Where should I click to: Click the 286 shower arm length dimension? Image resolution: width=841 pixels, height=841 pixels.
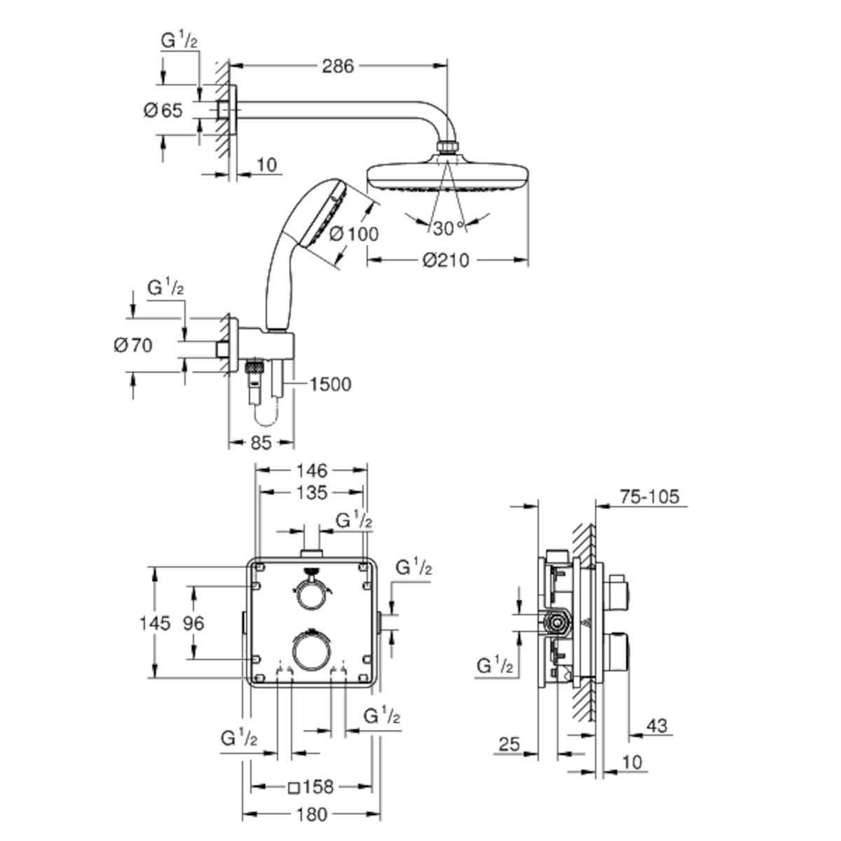point(338,67)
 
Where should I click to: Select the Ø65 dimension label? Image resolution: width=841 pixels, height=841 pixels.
point(163,110)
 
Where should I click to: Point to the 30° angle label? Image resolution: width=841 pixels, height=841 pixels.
point(448,228)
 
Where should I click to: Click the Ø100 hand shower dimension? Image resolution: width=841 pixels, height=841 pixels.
point(353,233)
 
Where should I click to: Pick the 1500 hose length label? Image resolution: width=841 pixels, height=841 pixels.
point(330,384)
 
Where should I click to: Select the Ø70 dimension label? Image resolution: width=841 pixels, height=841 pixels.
point(133,345)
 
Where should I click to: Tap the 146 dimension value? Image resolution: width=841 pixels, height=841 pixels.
point(311,470)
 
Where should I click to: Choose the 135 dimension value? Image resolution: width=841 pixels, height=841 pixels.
point(311,493)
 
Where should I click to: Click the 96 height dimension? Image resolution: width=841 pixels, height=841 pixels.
point(193,622)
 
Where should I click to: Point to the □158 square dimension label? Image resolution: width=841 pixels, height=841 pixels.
point(311,787)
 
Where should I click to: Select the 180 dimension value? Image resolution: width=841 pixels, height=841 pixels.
point(311,814)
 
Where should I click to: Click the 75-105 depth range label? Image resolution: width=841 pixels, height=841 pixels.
point(649,497)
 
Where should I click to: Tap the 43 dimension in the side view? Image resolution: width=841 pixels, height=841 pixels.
point(657,726)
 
